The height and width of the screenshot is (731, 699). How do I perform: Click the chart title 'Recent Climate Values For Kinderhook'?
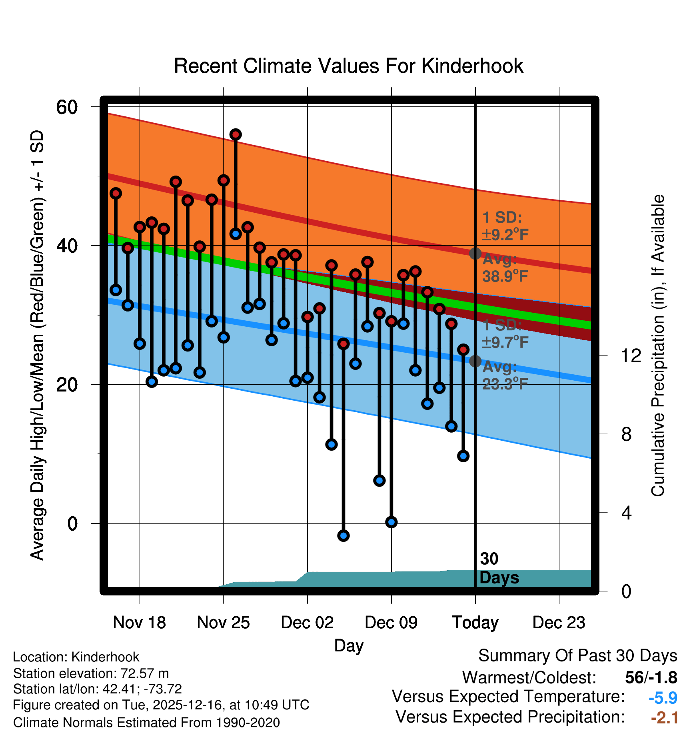click(x=348, y=66)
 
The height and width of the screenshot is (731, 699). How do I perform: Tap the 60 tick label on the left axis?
click(x=67, y=107)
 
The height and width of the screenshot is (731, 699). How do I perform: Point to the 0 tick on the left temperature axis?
click(x=72, y=523)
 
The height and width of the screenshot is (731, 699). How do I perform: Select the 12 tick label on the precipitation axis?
click(x=631, y=356)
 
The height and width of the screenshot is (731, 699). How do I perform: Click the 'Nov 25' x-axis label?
click(x=223, y=623)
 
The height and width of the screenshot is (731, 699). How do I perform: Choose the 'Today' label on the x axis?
click(x=475, y=623)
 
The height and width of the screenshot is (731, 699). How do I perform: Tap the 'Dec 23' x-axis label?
click(x=559, y=623)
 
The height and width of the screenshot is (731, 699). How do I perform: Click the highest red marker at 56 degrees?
click(x=236, y=135)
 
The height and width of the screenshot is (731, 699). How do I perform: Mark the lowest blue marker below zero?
click(x=343, y=535)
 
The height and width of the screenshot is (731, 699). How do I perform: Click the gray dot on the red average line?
click(x=475, y=254)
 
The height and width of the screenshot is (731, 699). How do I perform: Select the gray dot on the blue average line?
click(x=475, y=361)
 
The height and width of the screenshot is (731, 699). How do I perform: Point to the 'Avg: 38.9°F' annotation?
click(x=505, y=268)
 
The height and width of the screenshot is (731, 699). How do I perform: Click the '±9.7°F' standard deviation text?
click(x=505, y=342)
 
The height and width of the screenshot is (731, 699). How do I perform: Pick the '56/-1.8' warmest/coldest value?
click(x=651, y=677)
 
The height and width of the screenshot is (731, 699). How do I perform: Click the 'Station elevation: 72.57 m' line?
click(x=91, y=673)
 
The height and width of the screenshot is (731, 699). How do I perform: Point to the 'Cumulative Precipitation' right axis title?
click(x=658, y=346)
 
